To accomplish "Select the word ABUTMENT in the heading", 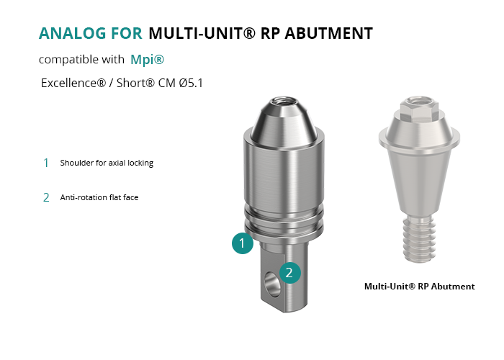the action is (329, 33).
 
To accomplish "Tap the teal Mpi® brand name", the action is (147, 60).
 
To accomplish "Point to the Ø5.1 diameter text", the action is (191, 83).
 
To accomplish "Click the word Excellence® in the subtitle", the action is (73, 83).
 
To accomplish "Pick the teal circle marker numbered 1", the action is (243, 243).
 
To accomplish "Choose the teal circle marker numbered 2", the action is (290, 273).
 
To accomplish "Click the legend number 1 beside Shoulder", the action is (46, 163).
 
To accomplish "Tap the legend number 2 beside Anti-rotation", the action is (46, 197).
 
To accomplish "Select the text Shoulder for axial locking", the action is (107, 163).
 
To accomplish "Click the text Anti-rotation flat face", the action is (99, 197).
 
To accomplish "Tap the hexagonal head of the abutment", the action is (419, 107).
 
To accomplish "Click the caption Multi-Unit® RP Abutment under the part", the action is (420, 286).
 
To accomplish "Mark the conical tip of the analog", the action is (284, 123).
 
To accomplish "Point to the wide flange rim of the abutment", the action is (419, 139).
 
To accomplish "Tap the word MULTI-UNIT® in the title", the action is (202, 33).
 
